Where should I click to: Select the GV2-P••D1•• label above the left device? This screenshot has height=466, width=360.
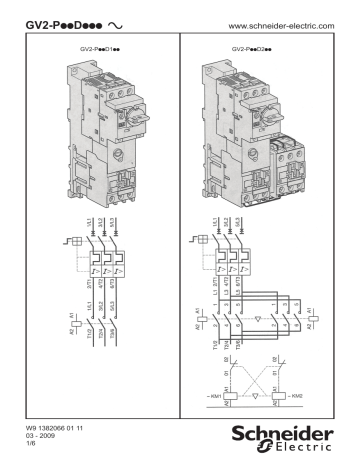point(93,47)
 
